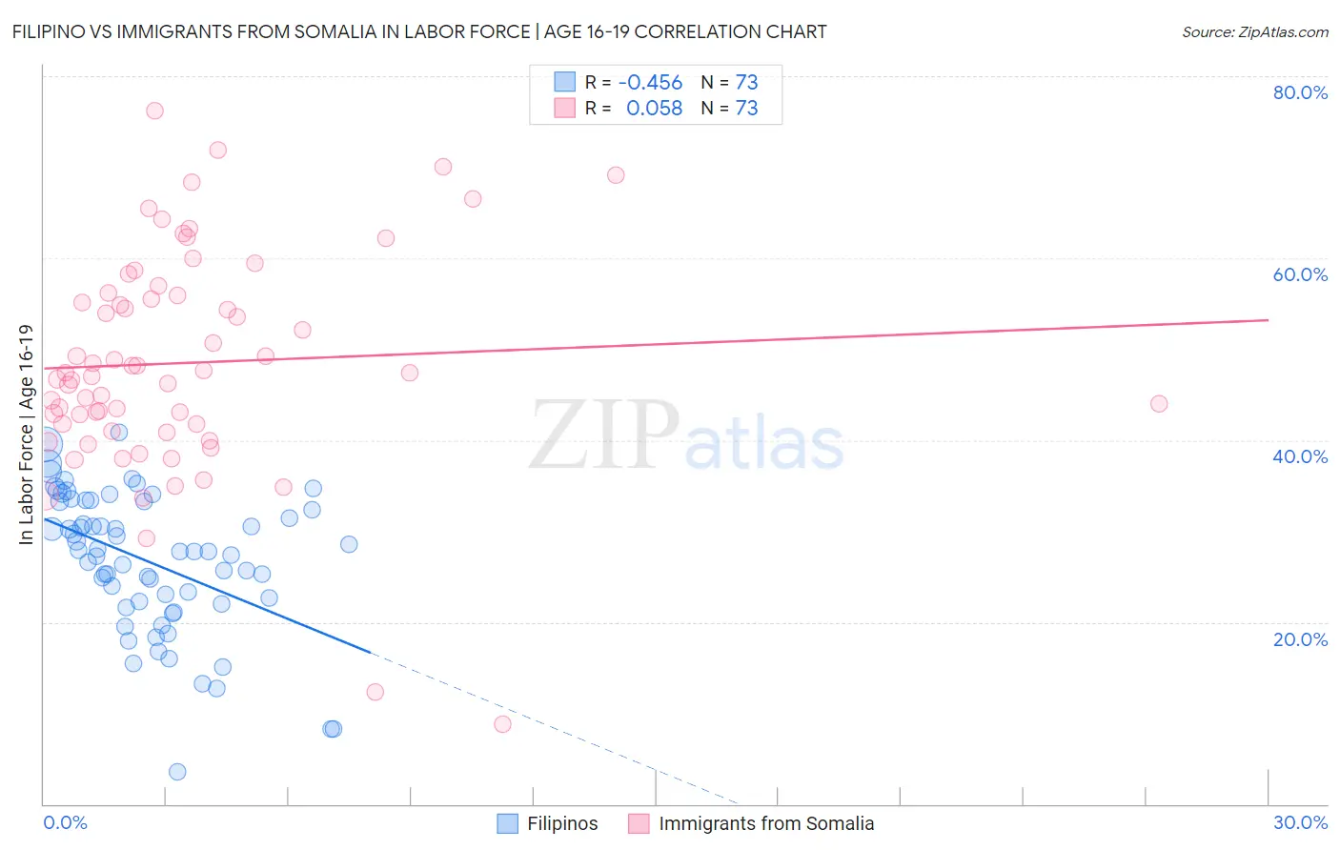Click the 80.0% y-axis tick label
[x=1300, y=92]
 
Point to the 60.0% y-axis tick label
[x=1300, y=274]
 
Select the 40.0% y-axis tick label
[x=1300, y=456]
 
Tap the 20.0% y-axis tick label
[x=1300, y=639]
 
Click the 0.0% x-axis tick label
[x=65, y=822]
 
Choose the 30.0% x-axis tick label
[x=1300, y=822]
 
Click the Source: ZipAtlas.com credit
[x=1254, y=31]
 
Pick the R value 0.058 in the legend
[x=654, y=109]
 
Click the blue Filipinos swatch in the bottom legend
[x=508, y=823]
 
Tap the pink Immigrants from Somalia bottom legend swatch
[x=639, y=823]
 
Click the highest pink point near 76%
[x=154, y=111]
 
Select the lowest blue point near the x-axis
[x=177, y=772]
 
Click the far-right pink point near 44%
[x=1159, y=404]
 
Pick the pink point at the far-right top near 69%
[x=616, y=175]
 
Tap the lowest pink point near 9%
[x=502, y=724]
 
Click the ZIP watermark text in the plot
[x=604, y=435]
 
